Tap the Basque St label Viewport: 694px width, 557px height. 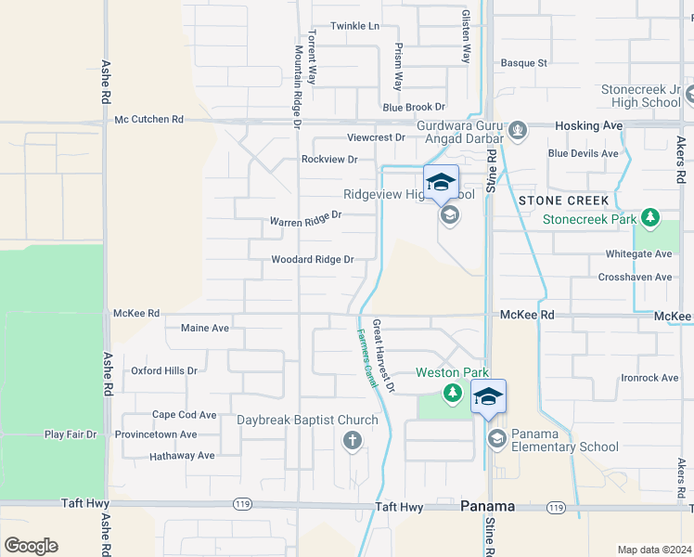click(524, 63)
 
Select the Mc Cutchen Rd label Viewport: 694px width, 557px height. click(148, 120)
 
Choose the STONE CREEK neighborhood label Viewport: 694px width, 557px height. click(563, 201)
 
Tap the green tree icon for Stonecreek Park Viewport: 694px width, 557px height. click(651, 218)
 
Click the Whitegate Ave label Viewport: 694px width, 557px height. click(637, 253)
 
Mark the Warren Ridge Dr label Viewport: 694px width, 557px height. click(305, 219)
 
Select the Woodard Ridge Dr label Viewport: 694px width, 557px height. click(312, 260)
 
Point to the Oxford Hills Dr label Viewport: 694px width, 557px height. click(164, 370)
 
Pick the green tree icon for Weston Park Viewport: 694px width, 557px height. click(452, 393)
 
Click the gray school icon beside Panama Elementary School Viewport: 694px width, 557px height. click(496, 437)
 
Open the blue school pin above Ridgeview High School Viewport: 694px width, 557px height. click(441, 182)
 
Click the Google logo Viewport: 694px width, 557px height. click(31, 546)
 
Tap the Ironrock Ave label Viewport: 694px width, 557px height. click(649, 378)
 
